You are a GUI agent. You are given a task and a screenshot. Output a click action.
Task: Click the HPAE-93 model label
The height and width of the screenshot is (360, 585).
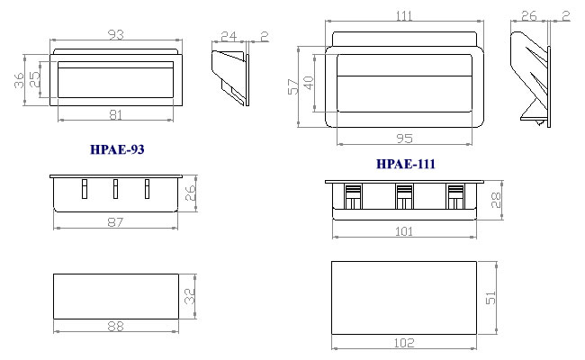[x=117, y=149]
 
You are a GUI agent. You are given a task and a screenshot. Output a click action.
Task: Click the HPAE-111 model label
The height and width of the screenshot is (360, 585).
[x=406, y=164]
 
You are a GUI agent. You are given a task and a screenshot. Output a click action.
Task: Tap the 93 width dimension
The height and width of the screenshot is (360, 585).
[x=116, y=34]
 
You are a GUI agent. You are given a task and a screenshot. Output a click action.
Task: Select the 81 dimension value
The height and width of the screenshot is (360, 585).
[x=116, y=115]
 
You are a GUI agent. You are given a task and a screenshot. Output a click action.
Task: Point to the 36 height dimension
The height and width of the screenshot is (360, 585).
[x=19, y=81]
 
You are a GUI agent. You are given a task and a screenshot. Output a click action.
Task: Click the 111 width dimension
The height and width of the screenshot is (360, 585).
[x=404, y=15]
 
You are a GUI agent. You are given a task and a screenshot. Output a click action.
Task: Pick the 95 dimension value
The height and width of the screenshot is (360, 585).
[x=404, y=139]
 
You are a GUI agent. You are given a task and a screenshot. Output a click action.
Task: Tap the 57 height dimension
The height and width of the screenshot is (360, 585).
[x=293, y=86]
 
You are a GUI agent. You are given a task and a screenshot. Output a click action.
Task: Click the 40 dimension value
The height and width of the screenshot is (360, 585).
[x=309, y=83]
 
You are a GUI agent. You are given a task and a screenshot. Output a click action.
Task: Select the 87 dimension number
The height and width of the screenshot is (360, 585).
[x=115, y=222]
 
